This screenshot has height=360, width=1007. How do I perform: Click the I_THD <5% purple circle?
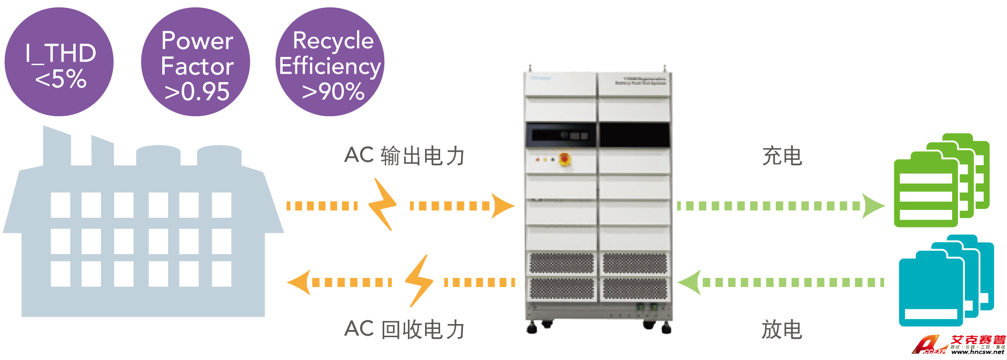(x=59, y=62)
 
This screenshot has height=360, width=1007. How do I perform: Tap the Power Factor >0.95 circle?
(x=196, y=62)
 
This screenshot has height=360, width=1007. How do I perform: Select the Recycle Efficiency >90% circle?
(x=330, y=62)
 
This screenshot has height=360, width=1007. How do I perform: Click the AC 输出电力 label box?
(x=404, y=155)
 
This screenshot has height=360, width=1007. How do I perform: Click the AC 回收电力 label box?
(x=404, y=329)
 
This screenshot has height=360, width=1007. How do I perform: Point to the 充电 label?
(x=782, y=155)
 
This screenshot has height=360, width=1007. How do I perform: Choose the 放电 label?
(x=782, y=329)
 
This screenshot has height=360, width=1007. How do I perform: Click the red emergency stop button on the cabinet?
(x=565, y=159)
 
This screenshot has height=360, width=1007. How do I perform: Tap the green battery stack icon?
(x=938, y=182)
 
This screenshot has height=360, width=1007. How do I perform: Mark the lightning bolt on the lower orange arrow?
(x=419, y=281)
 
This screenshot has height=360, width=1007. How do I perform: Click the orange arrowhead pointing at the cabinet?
(x=502, y=206)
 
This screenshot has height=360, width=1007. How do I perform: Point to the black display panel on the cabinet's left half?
(x=561, y=135)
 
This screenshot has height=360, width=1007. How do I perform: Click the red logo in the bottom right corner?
(x=957, y=345)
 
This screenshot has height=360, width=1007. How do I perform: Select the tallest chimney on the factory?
(x=56, y=146)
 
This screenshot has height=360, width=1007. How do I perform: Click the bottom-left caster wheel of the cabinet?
(x=532, y=329)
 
